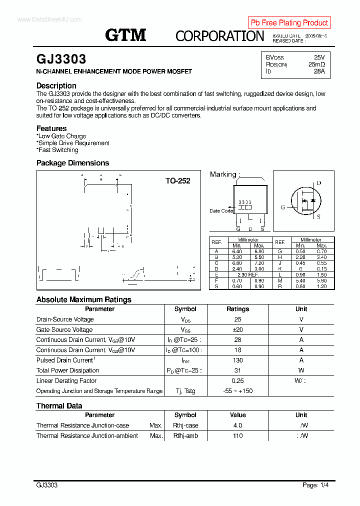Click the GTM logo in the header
click(x=125, y=35)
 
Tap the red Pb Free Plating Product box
click(x=289, y=22)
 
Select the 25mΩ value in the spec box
click(x=316, y=64)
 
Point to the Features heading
click(x=51, y=128)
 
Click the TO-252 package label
click(x=178, y=181)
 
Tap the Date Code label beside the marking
click(x=221, y=210)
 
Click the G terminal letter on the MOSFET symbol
click(x=282, y=207)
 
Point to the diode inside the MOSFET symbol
click(x=313, y=200)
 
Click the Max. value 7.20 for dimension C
click(x=259, y=263)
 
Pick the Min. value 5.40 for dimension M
click(x=300, y=281)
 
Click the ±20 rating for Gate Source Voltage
click(x=237, y=329)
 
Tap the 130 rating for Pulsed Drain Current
click(x=237, y=360)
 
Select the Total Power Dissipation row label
click(x=67, y=370)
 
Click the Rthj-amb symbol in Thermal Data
click(x=185, y=435)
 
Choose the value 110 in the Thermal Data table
click(x=237, y=435)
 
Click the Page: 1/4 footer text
click(x=315, y=485)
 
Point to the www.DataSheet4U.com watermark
click(x=49, y=19)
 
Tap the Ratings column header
click(x=237, y=309)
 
